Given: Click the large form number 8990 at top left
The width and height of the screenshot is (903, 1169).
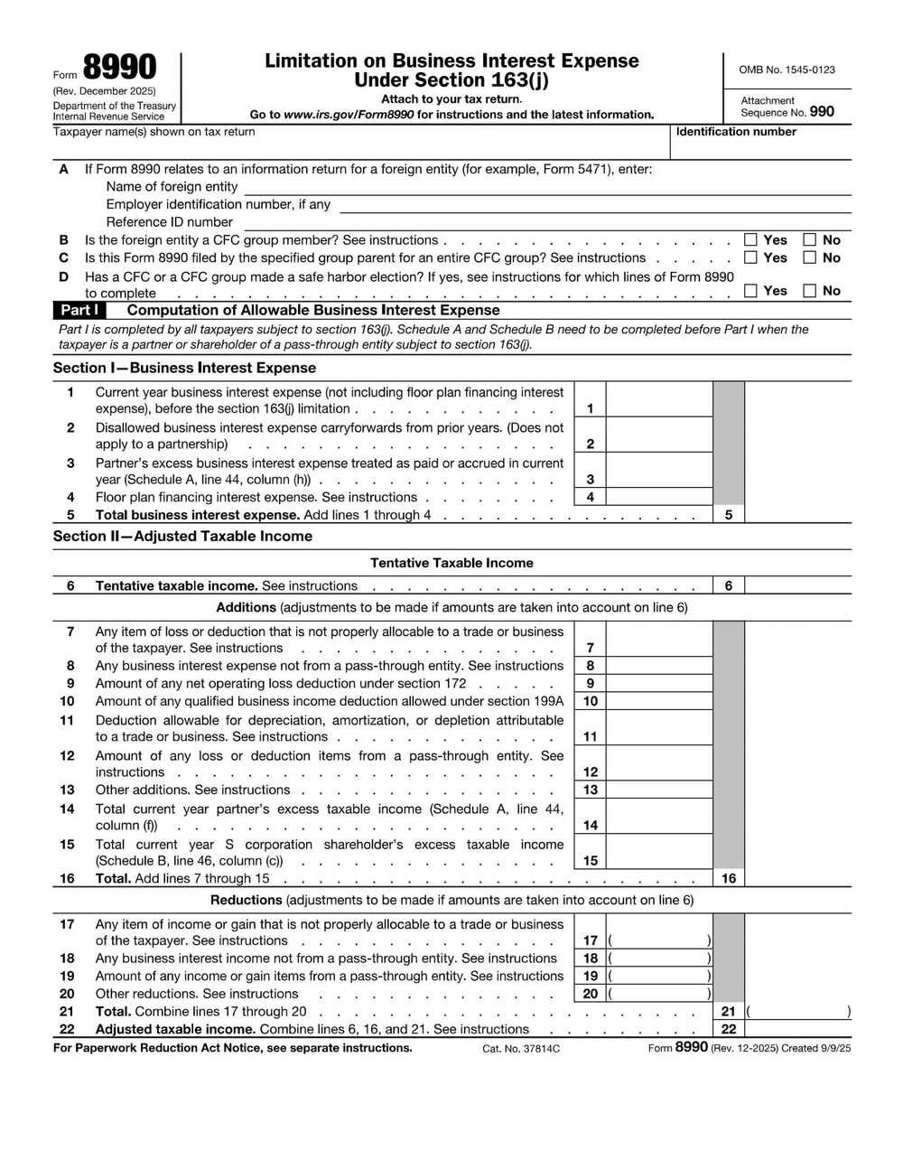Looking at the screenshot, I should point(119,69).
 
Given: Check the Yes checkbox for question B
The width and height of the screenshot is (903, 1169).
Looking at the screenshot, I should point(750,240).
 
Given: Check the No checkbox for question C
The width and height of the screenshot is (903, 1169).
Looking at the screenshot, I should point(810,257).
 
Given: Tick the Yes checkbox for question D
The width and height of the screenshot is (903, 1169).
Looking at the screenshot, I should point(750,291).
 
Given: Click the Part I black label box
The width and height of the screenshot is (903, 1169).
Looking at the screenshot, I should point(79,310).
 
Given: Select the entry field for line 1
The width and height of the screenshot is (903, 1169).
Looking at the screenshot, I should point(659,400).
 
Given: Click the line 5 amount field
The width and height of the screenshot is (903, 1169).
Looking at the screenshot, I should point(797,515).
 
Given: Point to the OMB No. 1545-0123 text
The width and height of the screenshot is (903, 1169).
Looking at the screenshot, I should point(787,70).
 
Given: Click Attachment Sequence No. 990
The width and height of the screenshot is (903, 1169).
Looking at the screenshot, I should point(787,107).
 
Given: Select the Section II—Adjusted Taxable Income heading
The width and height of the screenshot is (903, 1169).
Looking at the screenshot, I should point(182,536).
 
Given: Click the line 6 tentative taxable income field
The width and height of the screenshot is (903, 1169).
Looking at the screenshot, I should point(797,585).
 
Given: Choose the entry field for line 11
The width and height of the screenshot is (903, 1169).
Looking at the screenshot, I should point(659,728).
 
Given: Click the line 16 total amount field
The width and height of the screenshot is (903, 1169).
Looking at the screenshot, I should point(797,878).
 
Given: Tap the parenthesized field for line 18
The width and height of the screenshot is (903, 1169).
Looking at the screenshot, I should point(659,959).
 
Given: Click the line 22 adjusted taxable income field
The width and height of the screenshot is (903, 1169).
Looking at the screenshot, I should point(797,1029).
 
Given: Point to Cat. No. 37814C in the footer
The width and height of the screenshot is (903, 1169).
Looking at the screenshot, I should point(521,1049).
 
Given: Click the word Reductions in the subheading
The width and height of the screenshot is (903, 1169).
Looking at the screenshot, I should point(247,900).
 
